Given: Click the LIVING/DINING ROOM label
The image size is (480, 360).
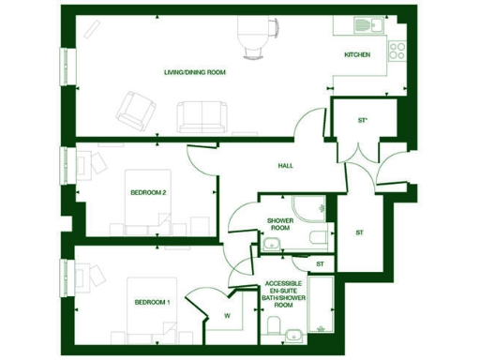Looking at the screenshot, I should pos(195,71).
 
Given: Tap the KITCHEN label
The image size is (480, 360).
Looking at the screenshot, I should pos(357,55).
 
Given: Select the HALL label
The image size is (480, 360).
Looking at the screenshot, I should pos(285,166).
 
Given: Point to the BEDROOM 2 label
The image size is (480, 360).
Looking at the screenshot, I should pos(148,193).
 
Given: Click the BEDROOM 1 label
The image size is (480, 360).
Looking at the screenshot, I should pos(152,302).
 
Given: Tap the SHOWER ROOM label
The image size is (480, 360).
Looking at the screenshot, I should pos(280,223).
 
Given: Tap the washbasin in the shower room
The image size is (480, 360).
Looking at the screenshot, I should pos(272,246).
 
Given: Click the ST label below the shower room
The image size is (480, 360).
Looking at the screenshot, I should pos(320,264).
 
